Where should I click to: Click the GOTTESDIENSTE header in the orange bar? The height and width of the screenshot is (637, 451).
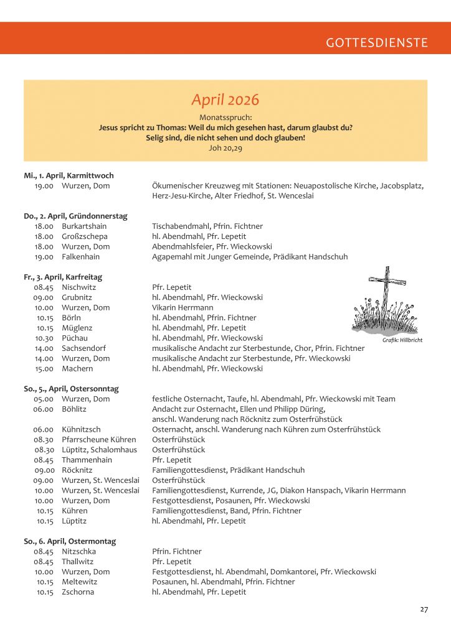click(376, 43)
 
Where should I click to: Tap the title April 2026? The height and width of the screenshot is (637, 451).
click(225, 100)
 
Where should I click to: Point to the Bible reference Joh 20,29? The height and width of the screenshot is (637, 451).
click(225, 149)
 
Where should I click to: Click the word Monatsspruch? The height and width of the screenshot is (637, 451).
click(225, 117)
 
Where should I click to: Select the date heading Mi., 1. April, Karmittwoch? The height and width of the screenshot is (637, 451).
click(69, 176)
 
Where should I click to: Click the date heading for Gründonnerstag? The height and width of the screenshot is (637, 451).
click(75, 216)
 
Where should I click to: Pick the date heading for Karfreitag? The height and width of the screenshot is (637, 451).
click(63, 277)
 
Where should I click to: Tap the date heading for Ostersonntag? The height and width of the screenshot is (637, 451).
click(71, 389)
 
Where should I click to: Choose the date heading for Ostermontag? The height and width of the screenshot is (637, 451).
click(70, 541)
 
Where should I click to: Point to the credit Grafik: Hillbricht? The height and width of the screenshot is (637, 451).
click(402, 340)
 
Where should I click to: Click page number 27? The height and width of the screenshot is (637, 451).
click(424, 610)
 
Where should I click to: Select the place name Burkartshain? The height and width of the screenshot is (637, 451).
click(84, 226)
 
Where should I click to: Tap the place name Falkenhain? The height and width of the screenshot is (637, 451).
click(81, 257)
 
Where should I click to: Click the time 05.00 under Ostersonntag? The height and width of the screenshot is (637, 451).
click(44, 399)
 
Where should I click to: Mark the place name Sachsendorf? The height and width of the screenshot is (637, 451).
click(83, 348)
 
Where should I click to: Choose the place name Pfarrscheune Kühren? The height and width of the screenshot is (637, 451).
click(99, 440)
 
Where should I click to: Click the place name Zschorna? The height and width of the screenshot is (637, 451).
click(78, 592)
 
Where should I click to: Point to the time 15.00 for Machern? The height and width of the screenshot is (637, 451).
click(44, 369)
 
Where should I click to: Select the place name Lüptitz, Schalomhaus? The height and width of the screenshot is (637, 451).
click(100, 450)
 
